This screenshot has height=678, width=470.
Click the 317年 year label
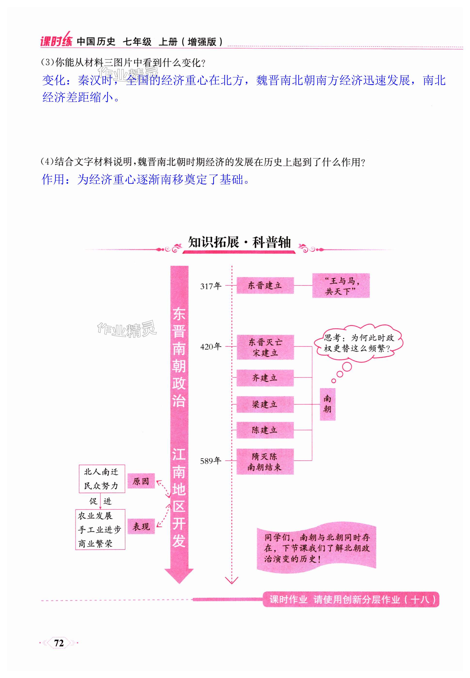pyautogui.click(x=211, y=286)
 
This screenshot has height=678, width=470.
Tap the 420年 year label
pyautogui.click(x=211, y=347)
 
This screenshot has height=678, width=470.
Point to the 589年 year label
pyautogui.click(x=211, y=461)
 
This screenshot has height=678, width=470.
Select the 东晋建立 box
pyautogui.click(x=265, y=285)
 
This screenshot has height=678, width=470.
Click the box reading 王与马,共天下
pyautogui.click(x=341, y=286)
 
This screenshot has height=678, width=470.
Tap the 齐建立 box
pyautogui.click(x=265, y=378)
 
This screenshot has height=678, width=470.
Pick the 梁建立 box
pyautogui.click(x=265, y=404)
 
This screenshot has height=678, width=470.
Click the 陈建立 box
pyautogui.click(x=265, y=430)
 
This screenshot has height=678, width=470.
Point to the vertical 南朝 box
pyautogui.click(x=327, y=404)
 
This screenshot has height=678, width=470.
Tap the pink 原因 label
pyautogui.click(x=141, y=481)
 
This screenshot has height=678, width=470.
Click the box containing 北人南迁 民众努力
pyautogui.click(x=102, y=479)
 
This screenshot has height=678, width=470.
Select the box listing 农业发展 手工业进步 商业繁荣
pyautogui.click(x=100, y=529)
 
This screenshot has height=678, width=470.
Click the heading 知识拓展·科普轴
pyautogui.click(x=239, y=242)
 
